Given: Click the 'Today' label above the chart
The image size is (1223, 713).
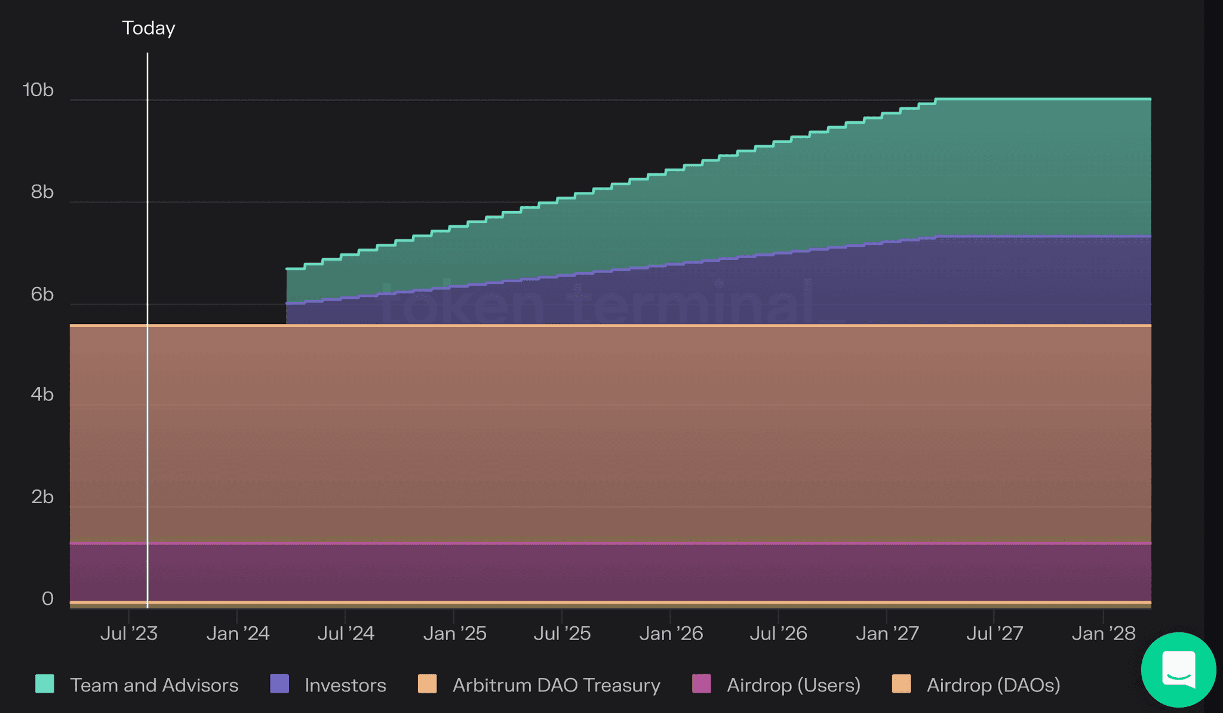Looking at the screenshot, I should pos(148,28).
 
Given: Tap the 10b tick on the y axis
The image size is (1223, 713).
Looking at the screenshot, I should pos(38,90).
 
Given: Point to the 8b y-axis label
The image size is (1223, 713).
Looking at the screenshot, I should pos(42,192).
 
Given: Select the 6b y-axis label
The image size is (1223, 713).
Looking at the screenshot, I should pos(42,294).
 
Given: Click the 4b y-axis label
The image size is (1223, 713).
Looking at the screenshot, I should pos(42,394).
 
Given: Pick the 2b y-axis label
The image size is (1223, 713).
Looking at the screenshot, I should pos(42,497).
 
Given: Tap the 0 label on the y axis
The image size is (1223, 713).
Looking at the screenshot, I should pos(48,598).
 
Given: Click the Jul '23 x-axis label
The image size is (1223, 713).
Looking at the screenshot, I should pos(128,634).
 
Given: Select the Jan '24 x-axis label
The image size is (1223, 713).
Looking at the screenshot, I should pos(238,634).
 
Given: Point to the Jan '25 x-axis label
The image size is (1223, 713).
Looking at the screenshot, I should pos(454,634).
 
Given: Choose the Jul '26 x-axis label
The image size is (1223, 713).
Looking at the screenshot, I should pos(778,634).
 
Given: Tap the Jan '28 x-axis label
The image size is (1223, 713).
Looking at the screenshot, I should pos(1103,634).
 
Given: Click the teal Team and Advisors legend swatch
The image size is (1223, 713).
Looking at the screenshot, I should pos(45,684).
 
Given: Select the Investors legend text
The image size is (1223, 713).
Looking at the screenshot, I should pos(345,685).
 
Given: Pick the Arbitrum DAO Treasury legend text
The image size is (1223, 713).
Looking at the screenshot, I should pos(556,685).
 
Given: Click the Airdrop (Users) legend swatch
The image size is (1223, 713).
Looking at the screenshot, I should pos(702,684).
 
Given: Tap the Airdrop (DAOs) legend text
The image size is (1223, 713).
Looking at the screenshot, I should pos(993,685).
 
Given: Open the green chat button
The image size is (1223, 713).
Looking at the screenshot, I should pos(1178,669).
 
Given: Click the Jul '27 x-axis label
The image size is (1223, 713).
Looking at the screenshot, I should pos(994,634).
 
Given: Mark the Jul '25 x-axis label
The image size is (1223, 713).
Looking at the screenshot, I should pos(562,634).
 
